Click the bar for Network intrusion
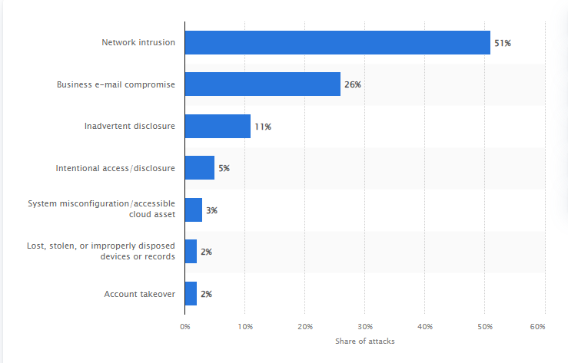[337, 42]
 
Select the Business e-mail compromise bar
[262, 84]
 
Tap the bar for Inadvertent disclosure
[218, 126]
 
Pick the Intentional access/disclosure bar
[200, 168]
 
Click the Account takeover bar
[191, 293]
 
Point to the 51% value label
[503, 43]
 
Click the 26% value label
[353, 84]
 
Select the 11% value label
[263, 127]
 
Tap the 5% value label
[224, 168]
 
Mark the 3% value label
[211, 210]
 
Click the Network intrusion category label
[138, 42]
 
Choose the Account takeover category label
[139, 293]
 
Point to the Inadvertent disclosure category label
[130, 126]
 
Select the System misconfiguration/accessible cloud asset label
[101, 209]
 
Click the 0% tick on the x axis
[184, 327]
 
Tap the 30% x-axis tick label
[365, 327]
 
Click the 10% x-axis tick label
[244, 327]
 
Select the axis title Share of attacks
[365, 341]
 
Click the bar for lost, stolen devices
[191, 251]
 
